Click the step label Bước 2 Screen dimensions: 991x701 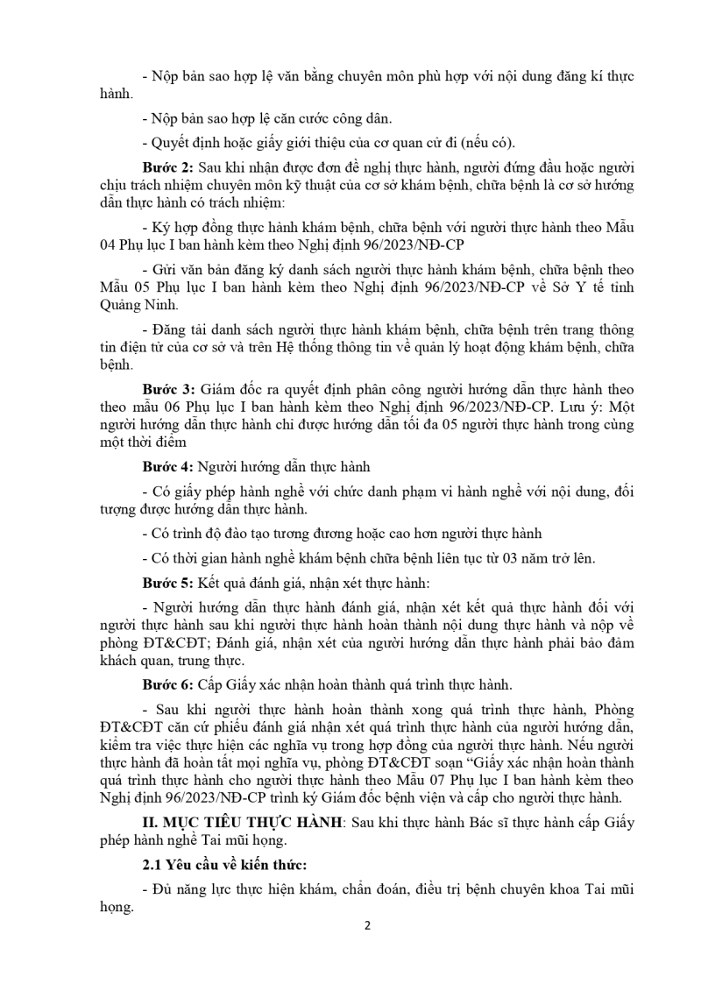[x=168, y=167]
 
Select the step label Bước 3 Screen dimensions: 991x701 [x=168, y=389]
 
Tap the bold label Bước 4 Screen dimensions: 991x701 [x=168, y=465]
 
